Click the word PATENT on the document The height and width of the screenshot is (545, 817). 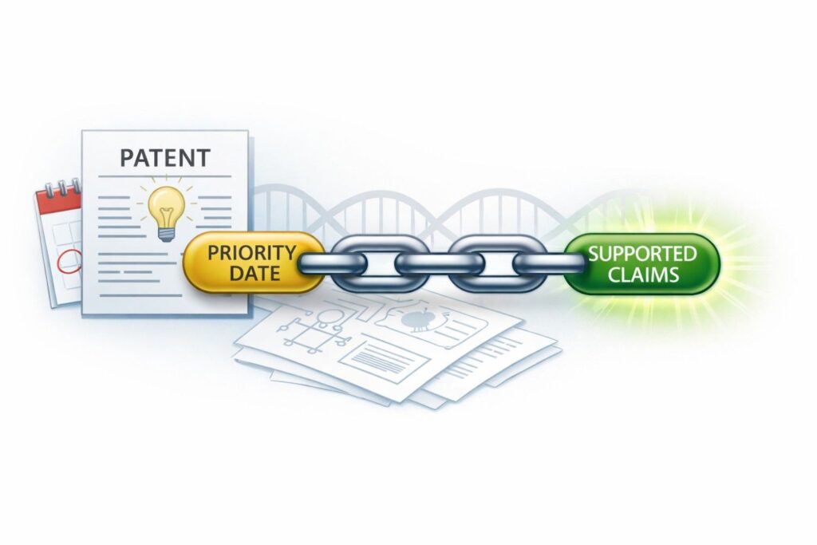[164, 157]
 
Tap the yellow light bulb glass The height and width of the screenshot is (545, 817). [165, 203]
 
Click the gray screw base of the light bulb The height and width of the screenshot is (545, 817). [166, 232]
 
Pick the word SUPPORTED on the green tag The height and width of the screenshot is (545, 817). [641, 255]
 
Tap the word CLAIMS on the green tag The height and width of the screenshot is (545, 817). [641, 275]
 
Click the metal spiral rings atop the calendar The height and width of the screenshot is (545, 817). [59, 188]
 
